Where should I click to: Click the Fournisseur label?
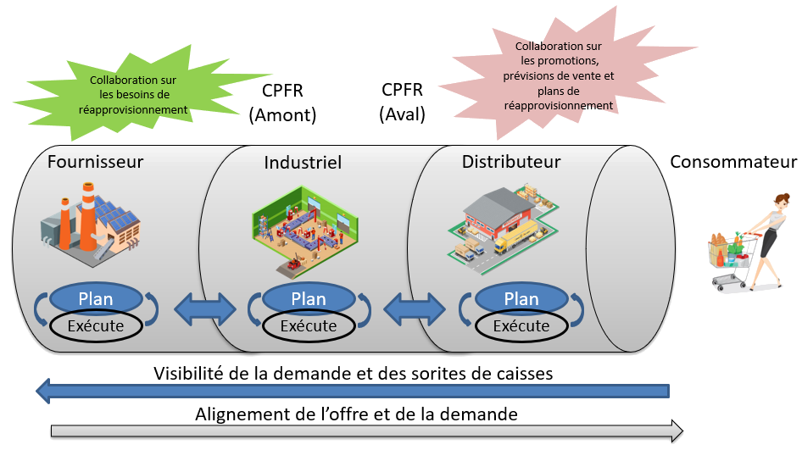point(95,161)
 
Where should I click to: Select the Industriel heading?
point(303,162)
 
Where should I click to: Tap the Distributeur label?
point(511,161)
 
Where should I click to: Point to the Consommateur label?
point(734,162)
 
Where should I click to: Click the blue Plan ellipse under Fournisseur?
point(95,298)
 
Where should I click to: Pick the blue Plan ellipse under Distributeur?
point(521,298)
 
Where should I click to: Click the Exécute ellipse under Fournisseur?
point(95,325)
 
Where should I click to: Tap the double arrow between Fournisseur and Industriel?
point(203,309)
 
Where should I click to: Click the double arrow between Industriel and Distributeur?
point(415,309)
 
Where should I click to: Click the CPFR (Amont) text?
point(282,103)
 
